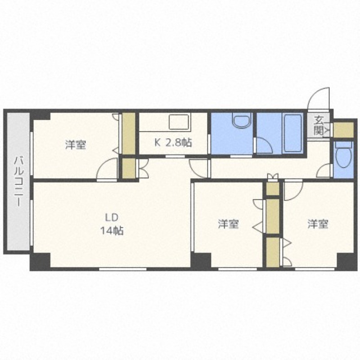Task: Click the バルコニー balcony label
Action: (x=18, y=180)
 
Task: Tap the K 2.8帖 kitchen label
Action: (x=173, y=143)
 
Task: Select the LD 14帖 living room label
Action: (x=112, y=224)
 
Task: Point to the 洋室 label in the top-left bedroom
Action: (x=75, y=145)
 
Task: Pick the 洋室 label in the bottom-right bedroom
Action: (x=318, y=224)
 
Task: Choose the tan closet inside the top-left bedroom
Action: (x=129, y=134)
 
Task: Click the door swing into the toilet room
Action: (x=325, y=171)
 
